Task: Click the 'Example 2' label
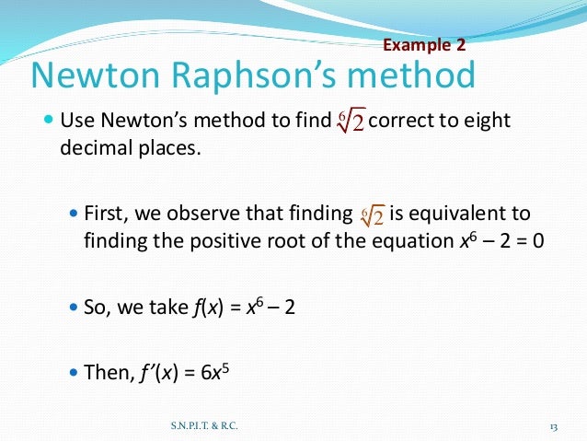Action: point(423,44)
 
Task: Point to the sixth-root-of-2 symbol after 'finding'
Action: point(371,215)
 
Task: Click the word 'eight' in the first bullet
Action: point(486,122)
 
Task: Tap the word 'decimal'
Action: point(97,147)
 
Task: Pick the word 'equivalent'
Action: point(470,215)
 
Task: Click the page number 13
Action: point(554,425)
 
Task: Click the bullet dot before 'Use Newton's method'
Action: point(49,122)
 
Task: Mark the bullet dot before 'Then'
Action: point(75,374)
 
